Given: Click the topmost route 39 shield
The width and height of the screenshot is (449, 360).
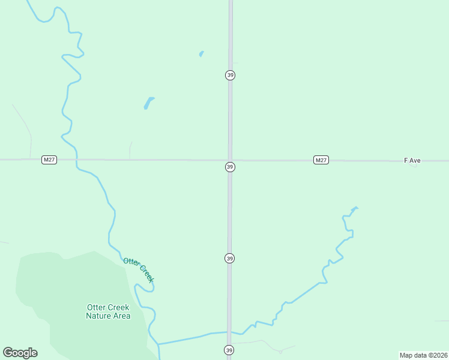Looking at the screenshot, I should pyautogui.click(x=230, y=75).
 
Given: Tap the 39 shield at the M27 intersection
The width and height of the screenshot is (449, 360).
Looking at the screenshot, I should pyautogui.click(x=230, y=167).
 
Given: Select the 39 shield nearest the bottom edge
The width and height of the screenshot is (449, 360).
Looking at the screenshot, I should pyautogui.click(x=229, y=350).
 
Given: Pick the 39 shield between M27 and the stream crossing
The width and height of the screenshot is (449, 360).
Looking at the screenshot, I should pyautogui.click(x=230, y=258).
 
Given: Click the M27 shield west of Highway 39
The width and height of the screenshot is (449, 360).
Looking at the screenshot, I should pyautogui.click(x=49, y=160).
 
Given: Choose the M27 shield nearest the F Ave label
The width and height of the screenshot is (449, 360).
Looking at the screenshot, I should pyautogui.click(x=321, y=160).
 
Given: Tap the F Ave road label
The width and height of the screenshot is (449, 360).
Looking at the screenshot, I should pyautogui.click(x=412, y=161).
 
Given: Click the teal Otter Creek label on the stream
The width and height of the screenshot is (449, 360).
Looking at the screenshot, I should pyautogui.click(x=139, y=269).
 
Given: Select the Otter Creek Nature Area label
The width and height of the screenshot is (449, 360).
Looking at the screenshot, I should pyautogui.click(x=108, y=311).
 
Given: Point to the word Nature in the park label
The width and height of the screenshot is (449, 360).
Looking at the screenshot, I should pyautogui.click(x=100, y=316).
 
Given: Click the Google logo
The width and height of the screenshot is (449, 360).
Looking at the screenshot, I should pyautogui.click(x=20, y=353).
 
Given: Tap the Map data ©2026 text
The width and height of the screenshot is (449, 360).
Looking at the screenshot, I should pyautogui.click(x=423, y=355).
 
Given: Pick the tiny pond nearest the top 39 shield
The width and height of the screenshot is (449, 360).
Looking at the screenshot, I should pyautogui.click(x=201, y=53).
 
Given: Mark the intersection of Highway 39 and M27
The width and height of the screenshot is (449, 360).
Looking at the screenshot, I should pyautogui.click(x=230, y=160).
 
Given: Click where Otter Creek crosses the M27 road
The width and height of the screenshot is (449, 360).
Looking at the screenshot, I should pyautogui.click(x=76, y=160).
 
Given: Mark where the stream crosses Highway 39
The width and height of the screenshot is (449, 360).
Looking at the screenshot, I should pyautogui.click(x=229, y=332).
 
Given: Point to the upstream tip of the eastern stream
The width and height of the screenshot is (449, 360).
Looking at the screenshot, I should pyautogui.click(x=356, y=208).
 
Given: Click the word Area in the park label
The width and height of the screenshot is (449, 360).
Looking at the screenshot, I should pyautogui.click(x=121, y=316).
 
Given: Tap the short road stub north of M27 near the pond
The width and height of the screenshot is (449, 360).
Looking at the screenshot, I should pyautogui.click(x=130, y=150).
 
